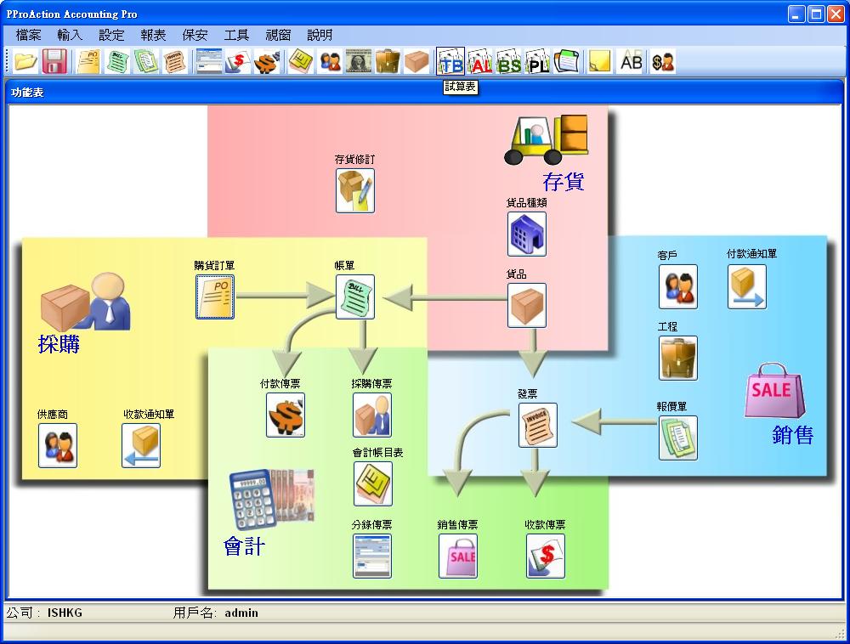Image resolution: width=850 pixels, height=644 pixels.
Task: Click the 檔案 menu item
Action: [29, 35]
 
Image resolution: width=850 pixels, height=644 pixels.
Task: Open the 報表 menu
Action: [154, 35]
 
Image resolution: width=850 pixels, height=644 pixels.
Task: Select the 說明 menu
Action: [320, 35]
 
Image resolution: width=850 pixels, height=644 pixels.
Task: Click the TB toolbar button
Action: [450, 62]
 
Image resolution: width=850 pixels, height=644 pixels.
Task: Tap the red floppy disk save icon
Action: [55, 62]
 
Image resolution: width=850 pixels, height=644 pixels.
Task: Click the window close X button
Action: [836, 14]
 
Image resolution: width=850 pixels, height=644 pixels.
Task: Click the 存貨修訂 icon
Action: [355, 190]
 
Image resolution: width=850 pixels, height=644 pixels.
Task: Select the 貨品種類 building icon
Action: [526, 234]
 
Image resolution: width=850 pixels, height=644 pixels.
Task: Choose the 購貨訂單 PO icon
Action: [215, 297]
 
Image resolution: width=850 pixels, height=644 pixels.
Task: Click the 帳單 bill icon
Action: [355, 297]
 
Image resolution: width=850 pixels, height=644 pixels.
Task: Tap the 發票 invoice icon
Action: [537, 425]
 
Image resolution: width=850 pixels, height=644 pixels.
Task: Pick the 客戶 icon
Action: [677, 286]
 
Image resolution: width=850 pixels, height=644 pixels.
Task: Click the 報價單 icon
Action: [677, 438]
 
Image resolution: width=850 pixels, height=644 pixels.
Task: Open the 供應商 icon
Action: [58, 445]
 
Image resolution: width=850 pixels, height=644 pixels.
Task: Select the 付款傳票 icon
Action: [286, 415]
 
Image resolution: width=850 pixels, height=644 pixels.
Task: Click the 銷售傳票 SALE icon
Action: [458, 556]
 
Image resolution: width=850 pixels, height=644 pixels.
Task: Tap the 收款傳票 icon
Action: [545, 556]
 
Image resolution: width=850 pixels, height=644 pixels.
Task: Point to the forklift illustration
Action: [545, 139]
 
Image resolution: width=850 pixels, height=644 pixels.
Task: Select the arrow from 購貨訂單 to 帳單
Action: [284, 296]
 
